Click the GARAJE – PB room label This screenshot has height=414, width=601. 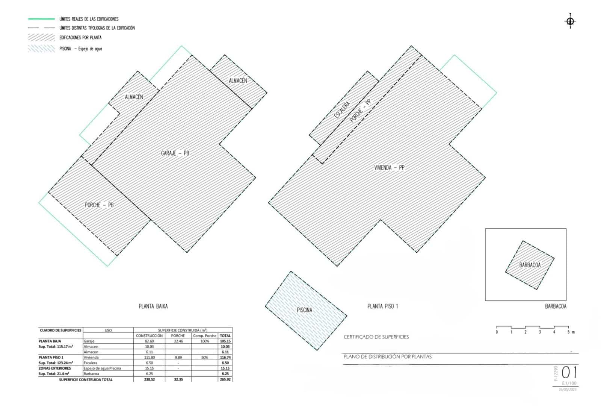(175, 153)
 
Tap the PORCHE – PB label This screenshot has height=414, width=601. (99, 205)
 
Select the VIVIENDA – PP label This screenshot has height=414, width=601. (389, 168)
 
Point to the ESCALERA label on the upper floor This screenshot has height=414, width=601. (342, 110)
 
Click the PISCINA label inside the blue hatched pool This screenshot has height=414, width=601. (304, 310)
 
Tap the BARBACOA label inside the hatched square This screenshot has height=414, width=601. (530, 265)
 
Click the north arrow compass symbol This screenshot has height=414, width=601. (570, 21)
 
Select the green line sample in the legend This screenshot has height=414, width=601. (41, 19)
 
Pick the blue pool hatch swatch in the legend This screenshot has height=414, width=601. (41, 49)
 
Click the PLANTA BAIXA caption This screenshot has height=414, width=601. (153, 306)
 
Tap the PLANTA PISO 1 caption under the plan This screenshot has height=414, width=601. (382, 306)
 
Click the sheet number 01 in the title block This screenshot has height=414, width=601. (569, 373)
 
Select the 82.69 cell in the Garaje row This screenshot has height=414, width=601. (149, 341)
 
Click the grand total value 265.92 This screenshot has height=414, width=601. (225, 380)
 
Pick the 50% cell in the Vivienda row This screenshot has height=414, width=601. (204, 358)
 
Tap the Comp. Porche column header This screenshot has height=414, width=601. (205, 336)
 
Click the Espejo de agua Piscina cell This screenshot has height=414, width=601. (102, 369)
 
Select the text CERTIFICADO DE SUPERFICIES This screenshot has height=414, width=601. (376, 337)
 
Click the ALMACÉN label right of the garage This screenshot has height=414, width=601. (238, 80)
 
